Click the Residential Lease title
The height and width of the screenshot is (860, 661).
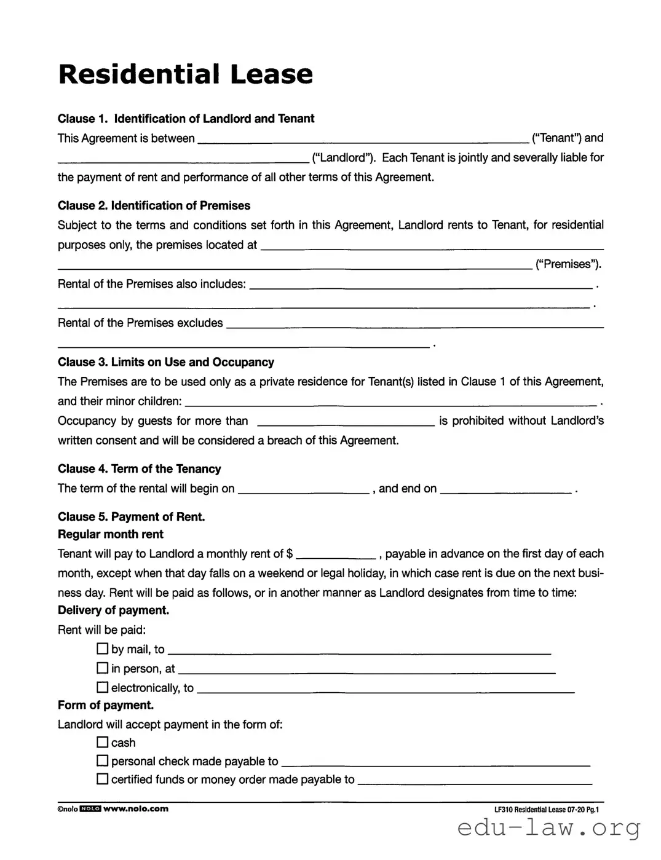185,74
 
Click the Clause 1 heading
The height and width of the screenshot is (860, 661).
186,119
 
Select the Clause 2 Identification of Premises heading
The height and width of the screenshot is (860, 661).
154,205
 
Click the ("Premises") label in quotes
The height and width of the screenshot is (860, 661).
568,264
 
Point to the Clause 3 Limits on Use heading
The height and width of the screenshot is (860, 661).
165,362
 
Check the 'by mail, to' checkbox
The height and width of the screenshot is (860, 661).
103,649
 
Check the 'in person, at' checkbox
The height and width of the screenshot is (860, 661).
103,668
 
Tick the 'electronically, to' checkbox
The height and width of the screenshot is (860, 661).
103,687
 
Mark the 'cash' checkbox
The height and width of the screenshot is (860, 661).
103,742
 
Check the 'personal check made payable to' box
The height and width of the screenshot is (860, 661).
103,761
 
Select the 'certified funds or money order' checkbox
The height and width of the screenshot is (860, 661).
103,779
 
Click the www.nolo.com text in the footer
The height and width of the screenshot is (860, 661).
135,809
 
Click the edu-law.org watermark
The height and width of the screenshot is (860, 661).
548,829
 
